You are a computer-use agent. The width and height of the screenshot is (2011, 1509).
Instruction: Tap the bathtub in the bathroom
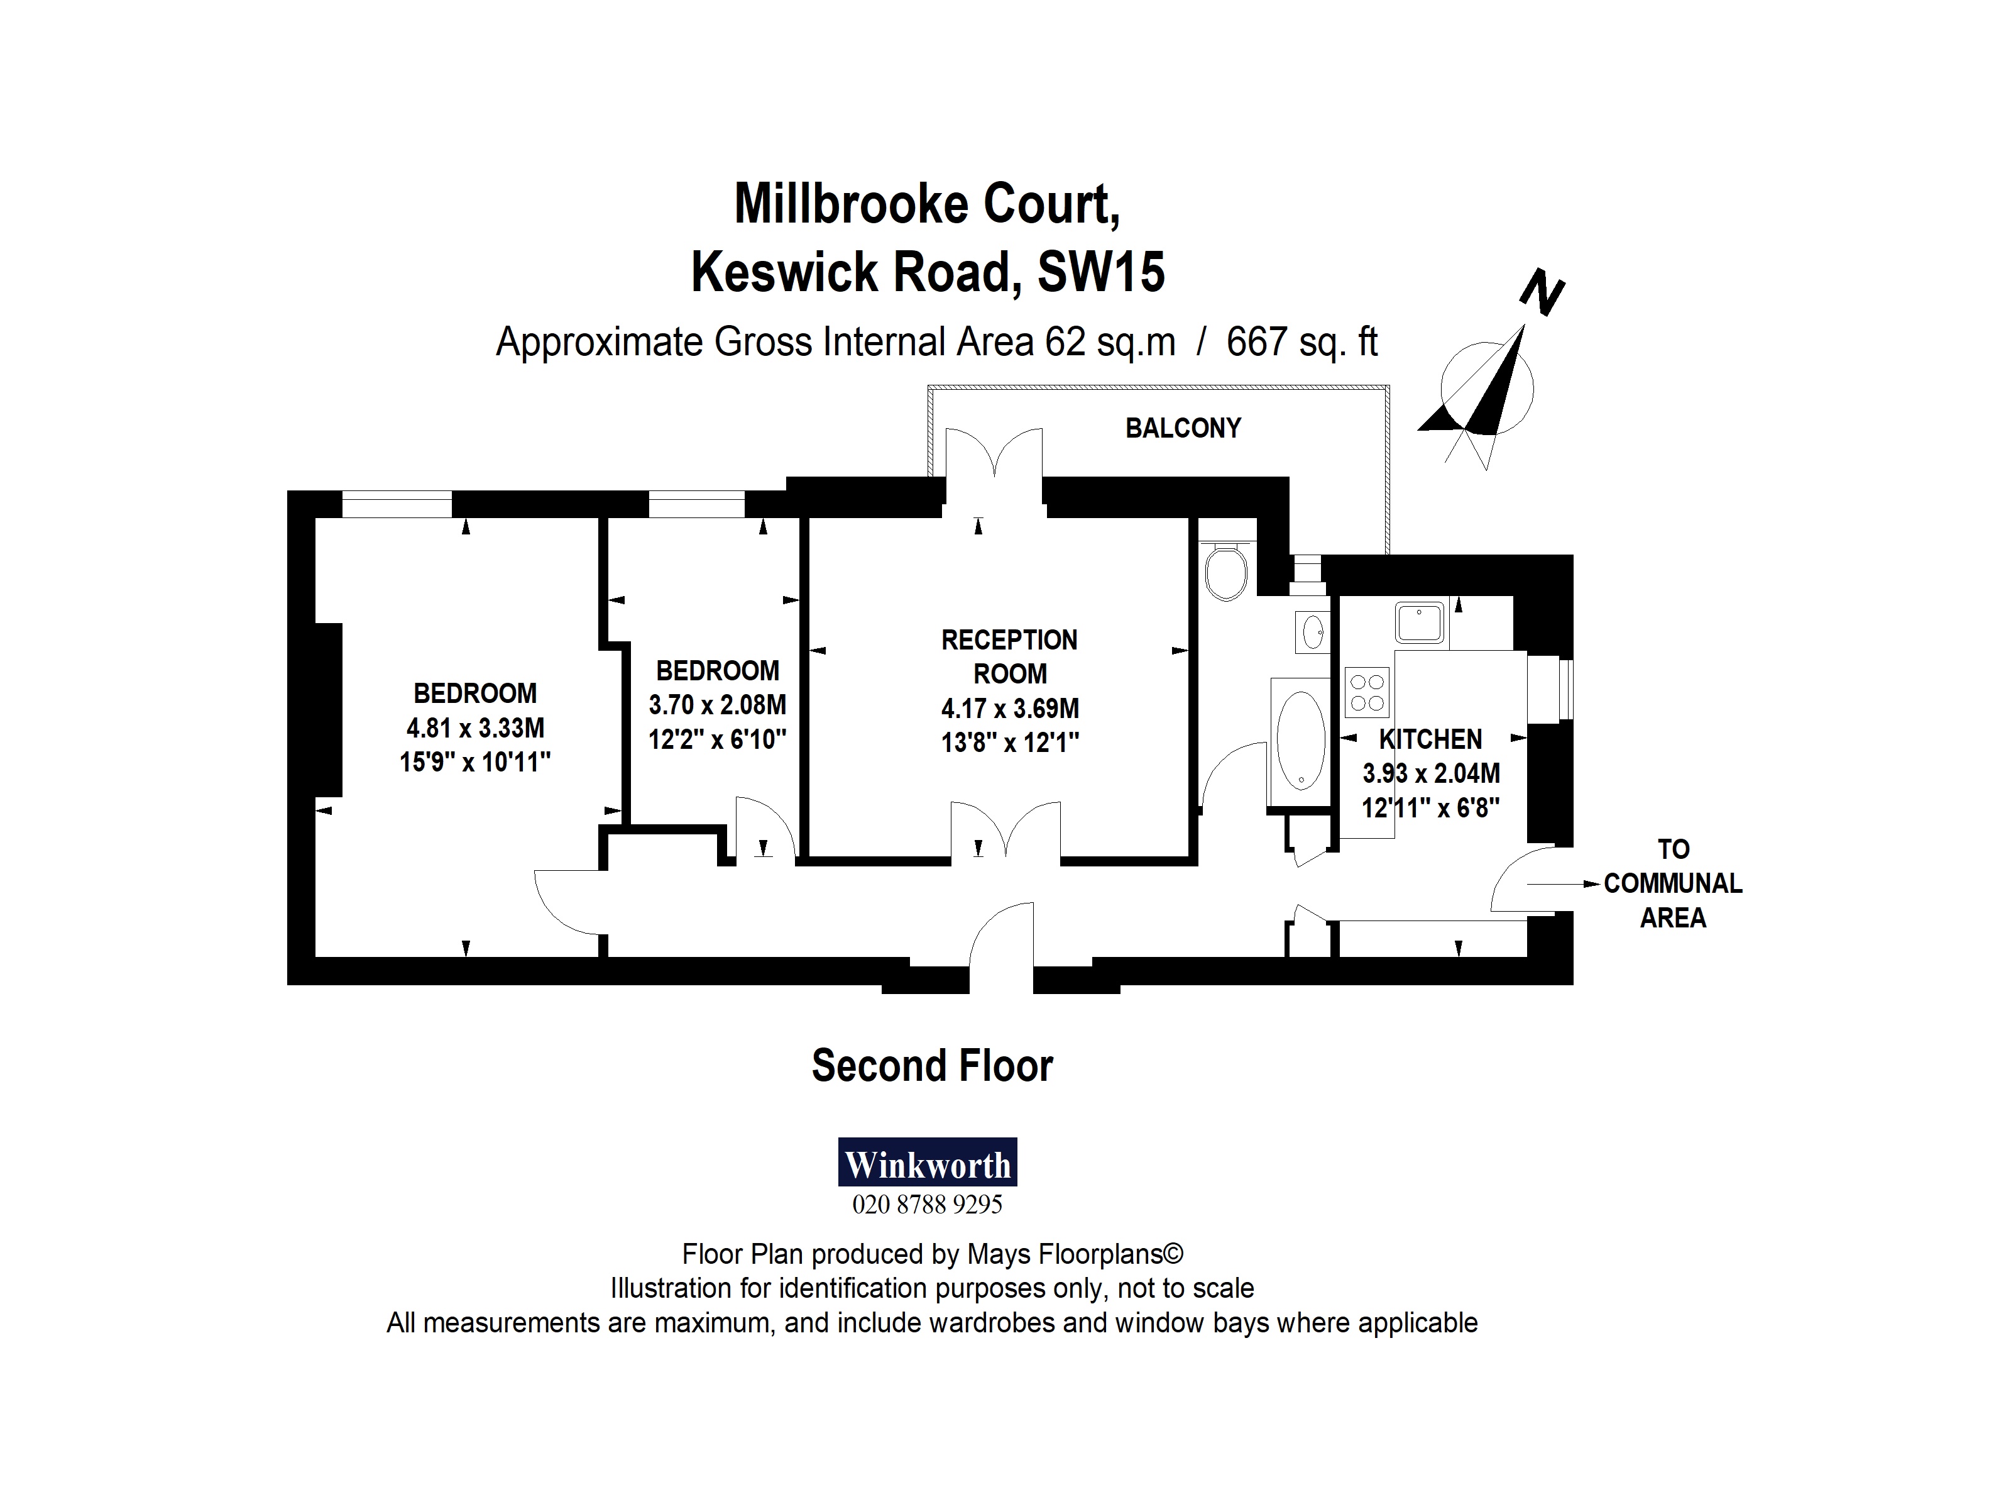1300,739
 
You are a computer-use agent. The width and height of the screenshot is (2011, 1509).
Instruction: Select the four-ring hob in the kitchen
1366,692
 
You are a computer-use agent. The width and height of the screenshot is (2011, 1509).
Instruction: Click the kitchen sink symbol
1419,622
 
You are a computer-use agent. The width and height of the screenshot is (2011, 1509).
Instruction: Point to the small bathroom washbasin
1312,631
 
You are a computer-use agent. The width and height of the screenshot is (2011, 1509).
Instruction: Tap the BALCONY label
1183,428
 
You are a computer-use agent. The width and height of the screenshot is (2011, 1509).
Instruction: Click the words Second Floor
932,1065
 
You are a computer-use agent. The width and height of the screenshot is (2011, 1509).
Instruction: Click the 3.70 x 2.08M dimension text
716,705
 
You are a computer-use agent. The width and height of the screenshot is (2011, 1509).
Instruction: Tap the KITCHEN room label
1430,739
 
